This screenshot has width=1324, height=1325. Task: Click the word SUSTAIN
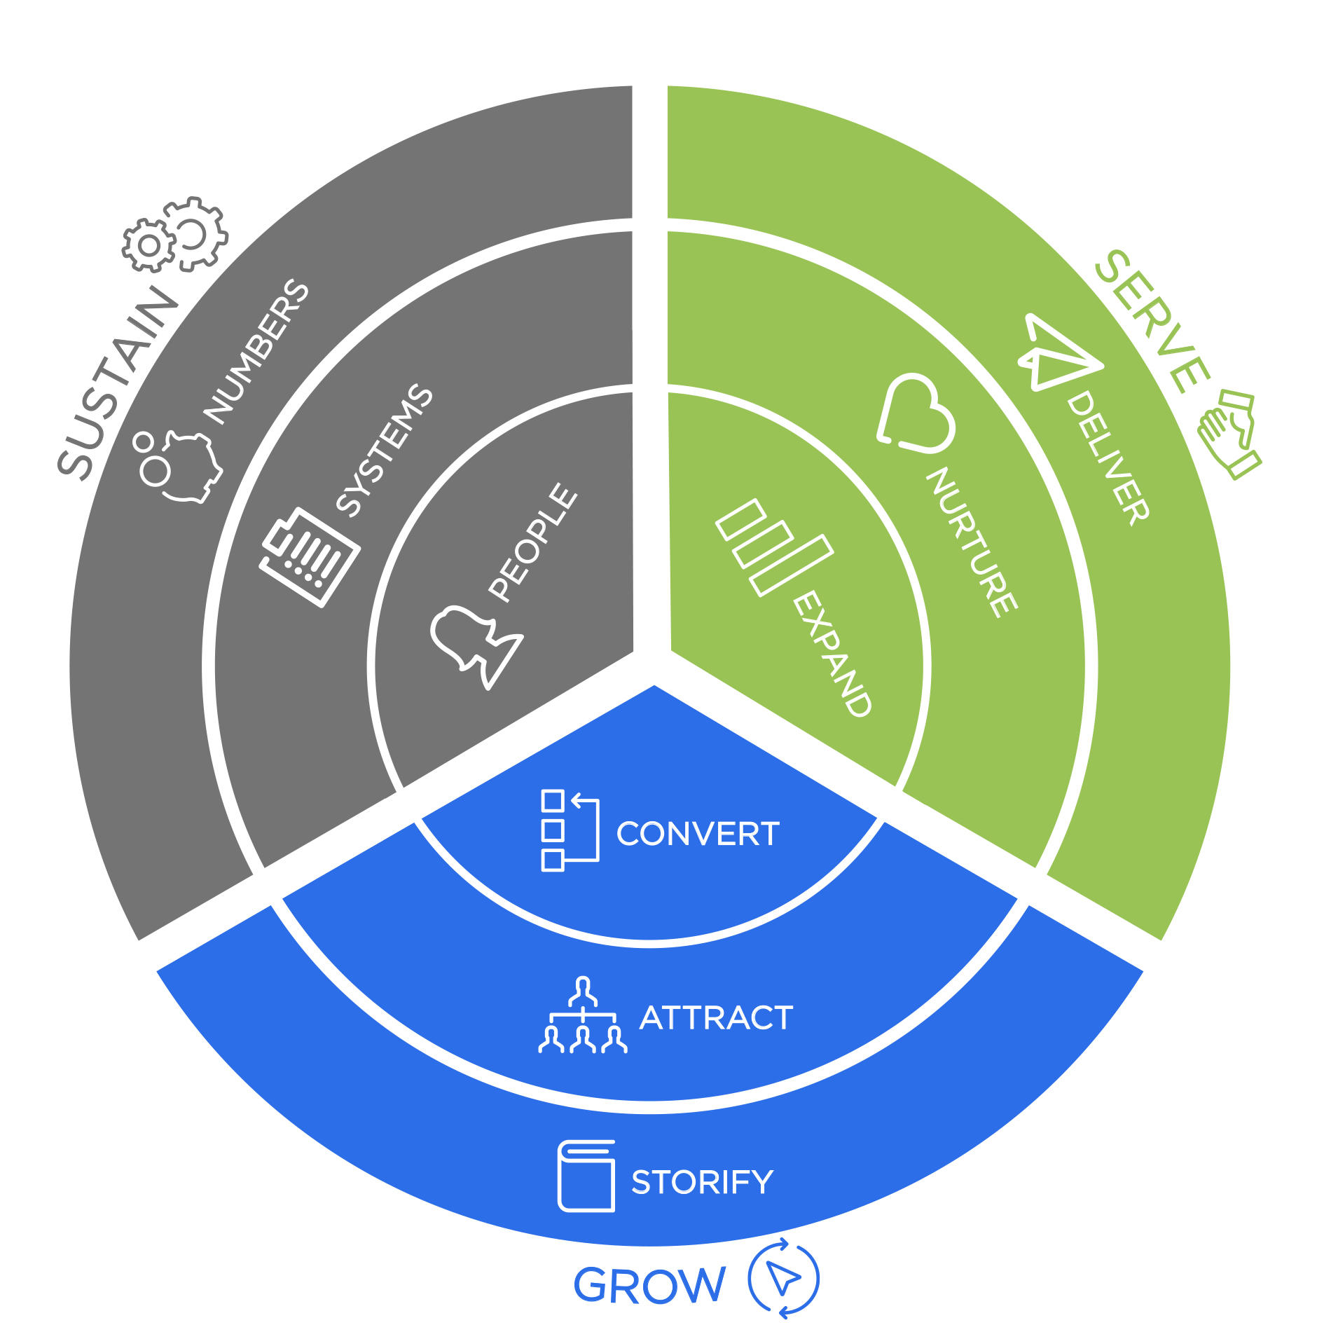[118, 383]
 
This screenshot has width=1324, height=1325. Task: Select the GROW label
[649, 1284]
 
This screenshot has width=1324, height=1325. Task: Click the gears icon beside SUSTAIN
[175, 235]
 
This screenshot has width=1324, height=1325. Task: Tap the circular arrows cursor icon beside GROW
[783, 1278]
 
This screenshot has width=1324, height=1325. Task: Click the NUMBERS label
[256, 352]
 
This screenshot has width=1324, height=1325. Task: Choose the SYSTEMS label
[385, 451]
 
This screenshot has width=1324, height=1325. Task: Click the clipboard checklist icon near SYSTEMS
[310, 556]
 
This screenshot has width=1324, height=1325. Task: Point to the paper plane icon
[1056, 352]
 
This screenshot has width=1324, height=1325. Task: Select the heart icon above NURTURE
[914, 414]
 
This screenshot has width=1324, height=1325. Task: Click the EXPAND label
[833, 653]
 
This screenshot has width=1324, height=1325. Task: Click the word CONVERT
[698, 834]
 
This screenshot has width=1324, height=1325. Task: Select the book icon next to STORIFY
[586, 1176]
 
